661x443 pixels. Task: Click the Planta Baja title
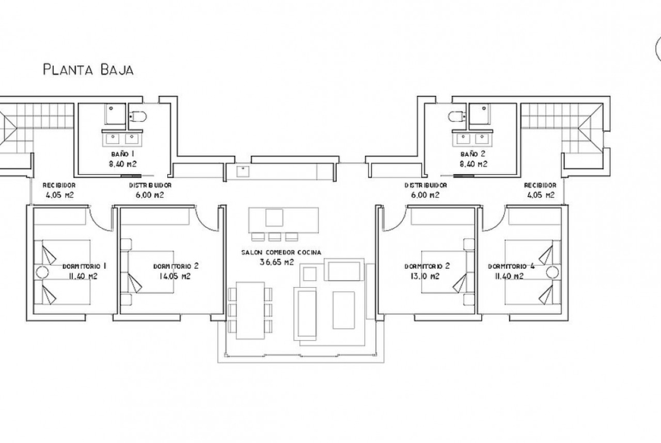88,69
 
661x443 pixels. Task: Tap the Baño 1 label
120,154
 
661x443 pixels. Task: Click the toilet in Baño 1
137,115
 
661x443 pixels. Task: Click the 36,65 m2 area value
277,262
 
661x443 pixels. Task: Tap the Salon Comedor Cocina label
281,253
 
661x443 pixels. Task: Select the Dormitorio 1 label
84,266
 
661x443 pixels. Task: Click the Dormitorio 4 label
511,266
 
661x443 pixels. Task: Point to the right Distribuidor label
426,185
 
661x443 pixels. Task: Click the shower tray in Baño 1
115,114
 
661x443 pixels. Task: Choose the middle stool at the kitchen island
275,236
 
